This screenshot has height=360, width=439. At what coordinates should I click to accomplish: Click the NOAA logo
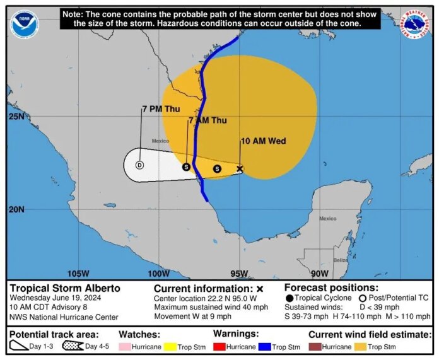[x=25, y=25]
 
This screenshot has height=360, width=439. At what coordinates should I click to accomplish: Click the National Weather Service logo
[x=416, y=25]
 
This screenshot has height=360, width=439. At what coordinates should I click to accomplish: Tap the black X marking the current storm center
[x=240, y=168]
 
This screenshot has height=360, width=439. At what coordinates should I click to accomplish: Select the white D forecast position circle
[x=139, y=165]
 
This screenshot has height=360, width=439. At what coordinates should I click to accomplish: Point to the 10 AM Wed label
[x=264, y=141]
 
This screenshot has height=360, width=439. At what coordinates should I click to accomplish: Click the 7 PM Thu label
[x=161, y=109]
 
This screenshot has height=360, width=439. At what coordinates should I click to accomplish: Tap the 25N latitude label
[x=16, y=117]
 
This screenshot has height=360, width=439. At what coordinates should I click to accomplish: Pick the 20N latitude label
[x=16, y=209]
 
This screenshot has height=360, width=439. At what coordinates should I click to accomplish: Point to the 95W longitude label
[x=239, y=274]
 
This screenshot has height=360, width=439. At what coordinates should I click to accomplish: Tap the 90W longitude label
[x=320, y=274]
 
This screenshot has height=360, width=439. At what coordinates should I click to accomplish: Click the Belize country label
[x=341, y=260]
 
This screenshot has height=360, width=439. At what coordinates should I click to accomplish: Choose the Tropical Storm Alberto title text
[x=65, y=288]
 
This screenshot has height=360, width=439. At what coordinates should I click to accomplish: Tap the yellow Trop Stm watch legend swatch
[x=170, y=346]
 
